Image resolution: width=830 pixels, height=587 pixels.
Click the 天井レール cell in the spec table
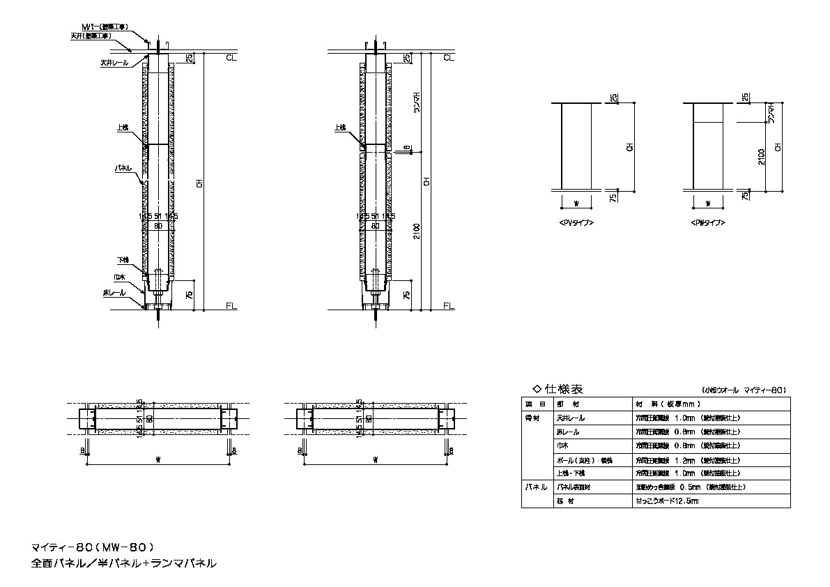[571, 418]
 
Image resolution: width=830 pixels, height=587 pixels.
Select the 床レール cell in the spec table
[568, 432]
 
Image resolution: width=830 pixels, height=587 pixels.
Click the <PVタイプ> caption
[576, 222]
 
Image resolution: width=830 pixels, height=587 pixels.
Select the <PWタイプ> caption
[708, 222]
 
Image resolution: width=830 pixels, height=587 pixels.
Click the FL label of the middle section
[448, 306]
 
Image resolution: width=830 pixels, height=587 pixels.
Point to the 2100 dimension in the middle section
[416, 231]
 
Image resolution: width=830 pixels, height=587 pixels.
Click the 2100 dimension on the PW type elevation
[762, 156]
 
